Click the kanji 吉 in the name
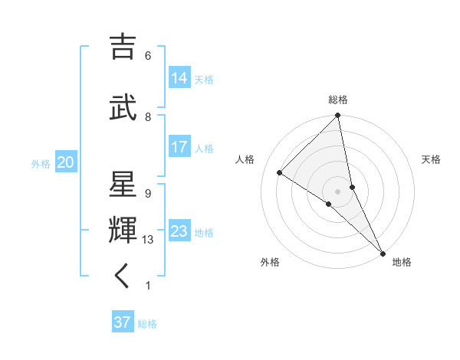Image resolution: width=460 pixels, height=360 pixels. click(123, 47)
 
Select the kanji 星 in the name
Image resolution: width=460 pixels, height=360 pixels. click(123, 186)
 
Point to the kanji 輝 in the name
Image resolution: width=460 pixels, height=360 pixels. click(123, 231)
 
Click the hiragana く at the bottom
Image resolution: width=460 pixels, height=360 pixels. click(123, 276)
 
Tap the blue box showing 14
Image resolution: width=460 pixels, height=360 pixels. click(179, 77)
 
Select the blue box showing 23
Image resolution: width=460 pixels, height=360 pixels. click(179, 231)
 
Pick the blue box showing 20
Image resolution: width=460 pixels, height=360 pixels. click(65, 162)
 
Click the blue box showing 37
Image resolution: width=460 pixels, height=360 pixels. click(122, 322)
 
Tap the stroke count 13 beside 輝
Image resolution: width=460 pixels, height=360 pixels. click(149, 240)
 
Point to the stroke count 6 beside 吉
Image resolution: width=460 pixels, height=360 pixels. click(148, 56)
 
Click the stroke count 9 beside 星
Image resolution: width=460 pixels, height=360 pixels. click(148, 193)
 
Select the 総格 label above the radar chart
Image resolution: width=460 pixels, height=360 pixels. click(338, 100)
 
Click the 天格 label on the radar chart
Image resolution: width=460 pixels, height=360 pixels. click(431, 159)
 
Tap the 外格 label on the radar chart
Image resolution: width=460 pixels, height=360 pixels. click(270, 262)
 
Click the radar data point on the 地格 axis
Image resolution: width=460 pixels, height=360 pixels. click(383, 252)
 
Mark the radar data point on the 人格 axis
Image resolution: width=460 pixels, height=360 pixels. click(280, 172)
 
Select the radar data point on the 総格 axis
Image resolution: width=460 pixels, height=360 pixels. click(337, 116)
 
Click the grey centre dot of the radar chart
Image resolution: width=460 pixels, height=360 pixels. click(337, 191)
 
